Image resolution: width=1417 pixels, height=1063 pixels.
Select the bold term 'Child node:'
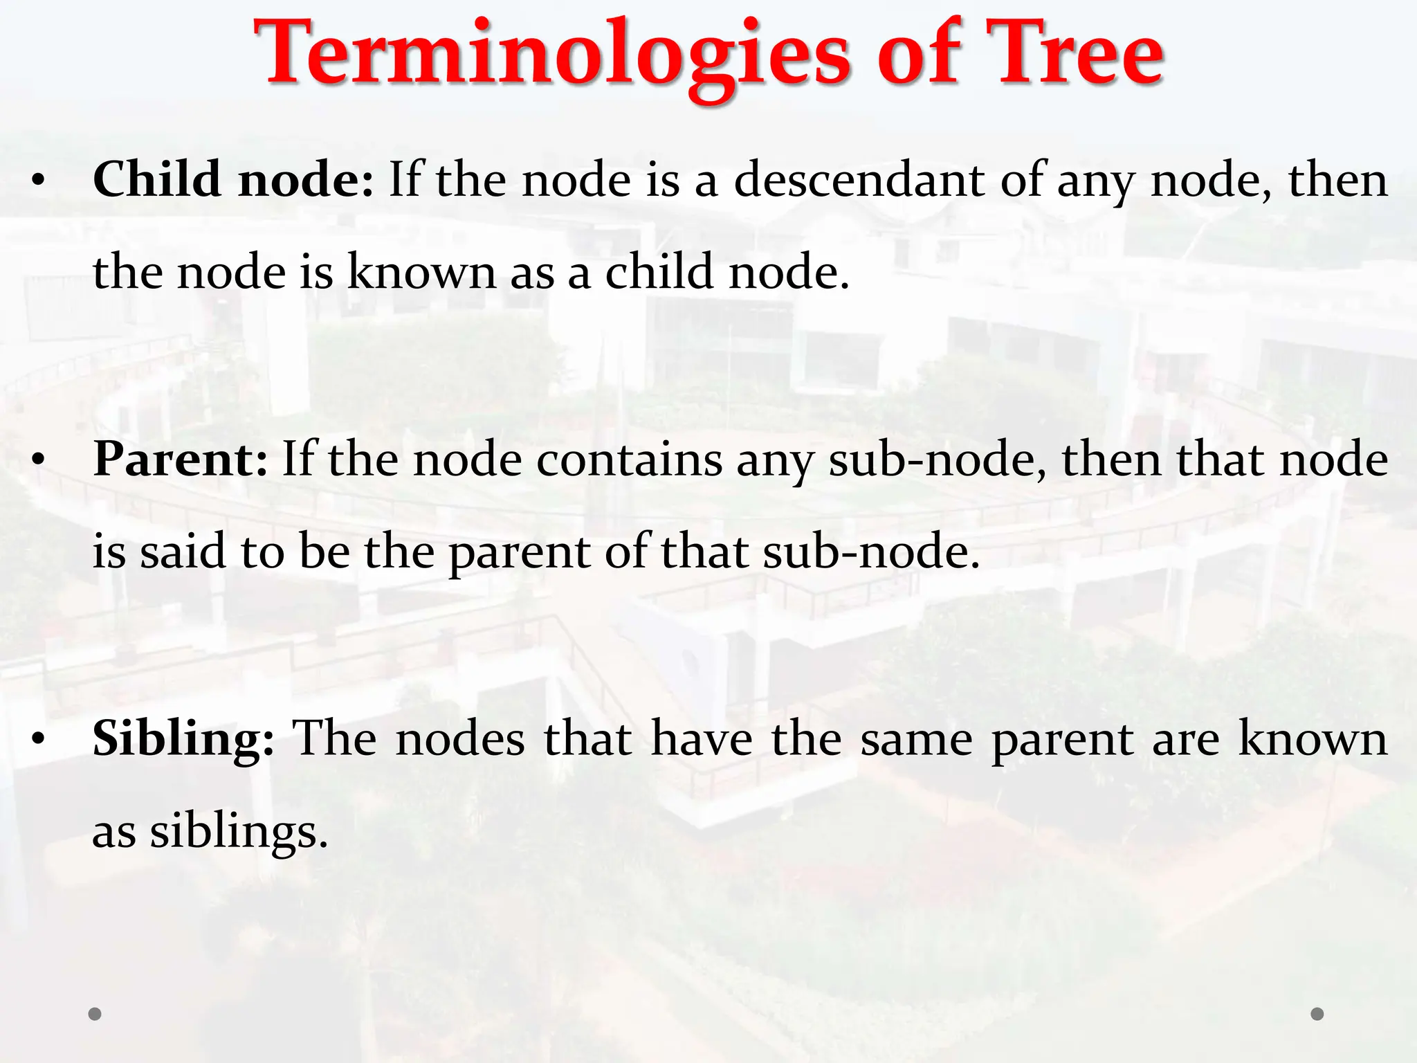point(233,180)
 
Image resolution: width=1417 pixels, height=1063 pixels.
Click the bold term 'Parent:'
point(181,460)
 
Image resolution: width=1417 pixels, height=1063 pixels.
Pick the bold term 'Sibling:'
point(183,738)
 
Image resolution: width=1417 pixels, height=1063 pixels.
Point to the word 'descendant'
point(859,180)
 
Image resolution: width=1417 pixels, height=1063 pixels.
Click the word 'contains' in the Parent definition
point(629,460)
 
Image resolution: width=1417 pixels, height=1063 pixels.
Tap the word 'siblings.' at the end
point(239,830)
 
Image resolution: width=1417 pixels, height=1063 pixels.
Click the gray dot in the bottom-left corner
point(95,1014)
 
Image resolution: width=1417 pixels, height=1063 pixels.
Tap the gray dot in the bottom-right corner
point(1317,1014)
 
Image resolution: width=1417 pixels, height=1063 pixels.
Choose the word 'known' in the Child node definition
point(421,272)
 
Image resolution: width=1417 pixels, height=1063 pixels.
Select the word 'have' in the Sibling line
point(702,738)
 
